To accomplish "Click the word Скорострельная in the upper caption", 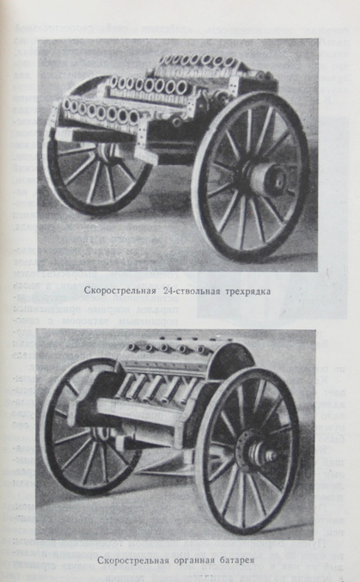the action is tap(119, 291).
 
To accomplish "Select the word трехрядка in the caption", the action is tap(248, 291).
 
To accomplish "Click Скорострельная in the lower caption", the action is tap(134, 560).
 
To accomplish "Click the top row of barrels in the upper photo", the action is tap(198, 60).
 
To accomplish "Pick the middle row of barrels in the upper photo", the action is tap(149, 85).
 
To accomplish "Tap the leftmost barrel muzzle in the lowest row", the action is tap(67, 104).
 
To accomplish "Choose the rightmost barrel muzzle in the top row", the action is tap(229, 61).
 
